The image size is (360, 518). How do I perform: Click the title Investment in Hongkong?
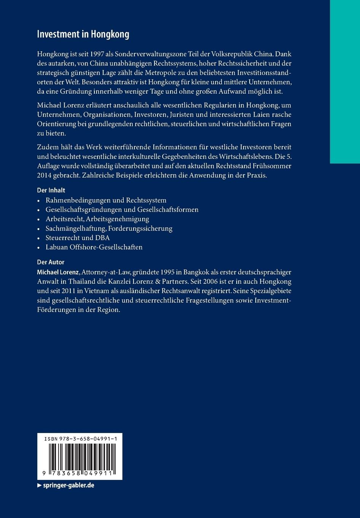click(83, 34)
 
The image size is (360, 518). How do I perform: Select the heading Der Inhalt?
click(51, 190)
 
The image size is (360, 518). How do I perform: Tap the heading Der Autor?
click(51, 262)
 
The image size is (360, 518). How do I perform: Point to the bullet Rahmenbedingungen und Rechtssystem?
click(106, 200)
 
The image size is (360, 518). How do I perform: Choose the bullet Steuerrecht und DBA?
click(78, 238)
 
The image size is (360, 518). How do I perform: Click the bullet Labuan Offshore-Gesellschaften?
click(94, 247)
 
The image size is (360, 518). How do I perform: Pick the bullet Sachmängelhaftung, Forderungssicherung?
click(109, 229)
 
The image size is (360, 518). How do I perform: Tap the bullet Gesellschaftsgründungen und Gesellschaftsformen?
click(122, 209)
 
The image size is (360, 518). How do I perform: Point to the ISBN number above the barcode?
click(80, 439)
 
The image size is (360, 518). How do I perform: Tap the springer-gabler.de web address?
click(68, 486)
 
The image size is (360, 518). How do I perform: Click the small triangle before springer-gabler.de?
click(39, 486)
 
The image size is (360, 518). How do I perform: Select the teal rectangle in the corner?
click(344, 82)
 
